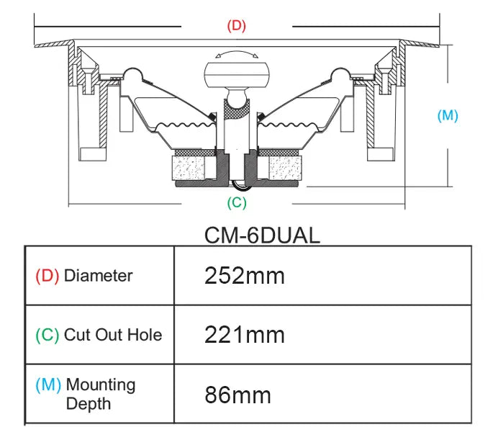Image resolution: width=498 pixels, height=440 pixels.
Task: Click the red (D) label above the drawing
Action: tap(237, 25)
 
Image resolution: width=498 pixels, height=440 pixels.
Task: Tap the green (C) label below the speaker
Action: tap(237, 202)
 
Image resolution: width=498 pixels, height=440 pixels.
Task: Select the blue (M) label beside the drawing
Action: tap(448, 115)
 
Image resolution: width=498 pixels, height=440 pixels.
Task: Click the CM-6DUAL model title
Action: tap(262, 235)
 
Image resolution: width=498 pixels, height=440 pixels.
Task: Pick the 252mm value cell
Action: tap(245, 276)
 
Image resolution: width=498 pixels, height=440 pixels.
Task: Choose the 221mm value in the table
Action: tap(245, 335)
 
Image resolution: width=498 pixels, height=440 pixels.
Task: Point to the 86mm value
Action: tap(238, 395)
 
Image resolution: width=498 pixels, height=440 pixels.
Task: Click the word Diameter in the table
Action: tap(99, 276)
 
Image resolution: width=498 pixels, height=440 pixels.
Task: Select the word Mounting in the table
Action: tap(101, 385)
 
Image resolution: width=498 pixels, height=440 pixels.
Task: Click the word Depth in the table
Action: tap(89, 404)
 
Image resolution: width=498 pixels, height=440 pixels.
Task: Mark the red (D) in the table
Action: tap(47, 276)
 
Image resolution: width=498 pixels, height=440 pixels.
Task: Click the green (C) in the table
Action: tap(47, 335)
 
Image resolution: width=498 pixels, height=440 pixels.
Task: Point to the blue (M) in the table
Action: tap(48, 385)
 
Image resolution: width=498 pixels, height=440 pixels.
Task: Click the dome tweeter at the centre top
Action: tap(237, 75)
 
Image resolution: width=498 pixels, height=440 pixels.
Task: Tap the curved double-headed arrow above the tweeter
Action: tap(237, 54)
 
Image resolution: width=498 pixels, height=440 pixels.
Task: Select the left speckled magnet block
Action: tap(189, 168)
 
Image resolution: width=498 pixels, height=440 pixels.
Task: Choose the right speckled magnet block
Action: tap(285, 168)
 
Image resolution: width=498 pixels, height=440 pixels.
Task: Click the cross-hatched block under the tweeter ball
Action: tap(237, 109)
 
